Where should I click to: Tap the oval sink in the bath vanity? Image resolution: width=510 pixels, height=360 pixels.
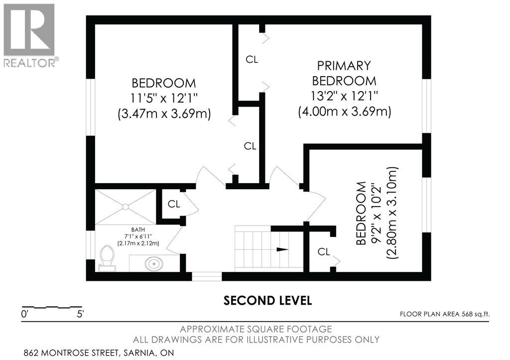click(154, 264)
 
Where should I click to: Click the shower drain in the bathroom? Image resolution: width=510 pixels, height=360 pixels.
click(126, 207)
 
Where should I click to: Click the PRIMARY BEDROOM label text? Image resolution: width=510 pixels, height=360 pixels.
click(344, 73)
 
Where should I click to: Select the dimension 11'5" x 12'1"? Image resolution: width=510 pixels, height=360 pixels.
click(164, 98)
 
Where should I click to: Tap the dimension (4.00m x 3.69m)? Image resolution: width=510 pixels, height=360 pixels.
click(345, 112)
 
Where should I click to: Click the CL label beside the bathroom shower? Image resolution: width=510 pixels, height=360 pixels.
click(174, 204)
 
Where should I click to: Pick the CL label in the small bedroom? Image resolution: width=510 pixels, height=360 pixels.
click(324, 252)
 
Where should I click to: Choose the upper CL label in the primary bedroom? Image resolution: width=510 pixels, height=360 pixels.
click(252, 60)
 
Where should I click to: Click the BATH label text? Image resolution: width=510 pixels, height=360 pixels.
click(138, 230)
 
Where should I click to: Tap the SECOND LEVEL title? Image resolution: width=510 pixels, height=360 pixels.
click(267, 300)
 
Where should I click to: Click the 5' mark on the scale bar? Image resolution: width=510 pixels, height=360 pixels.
click(80, 314)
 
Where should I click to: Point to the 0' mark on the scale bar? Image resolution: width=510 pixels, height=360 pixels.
click(25, 314)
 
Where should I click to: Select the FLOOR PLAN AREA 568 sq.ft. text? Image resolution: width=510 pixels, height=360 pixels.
click(445, 314)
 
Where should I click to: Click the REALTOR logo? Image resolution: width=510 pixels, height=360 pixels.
click(30, 35)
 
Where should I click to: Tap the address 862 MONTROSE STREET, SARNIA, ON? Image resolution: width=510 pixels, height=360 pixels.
click(99, 353)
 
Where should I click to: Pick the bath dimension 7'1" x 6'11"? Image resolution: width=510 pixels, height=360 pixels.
click(138, 237)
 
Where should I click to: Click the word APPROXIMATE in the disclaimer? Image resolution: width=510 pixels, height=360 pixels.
click(212, 329)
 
